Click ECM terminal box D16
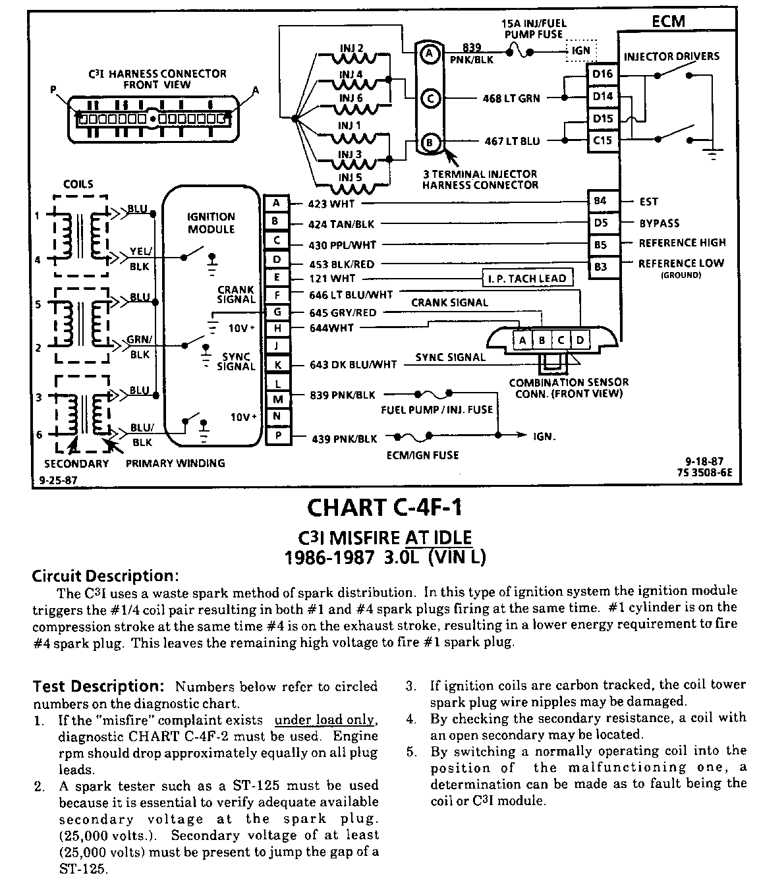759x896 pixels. (x=602, y=74)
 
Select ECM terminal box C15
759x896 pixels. (x=602, y=140)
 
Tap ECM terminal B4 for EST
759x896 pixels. (x=600, y=200)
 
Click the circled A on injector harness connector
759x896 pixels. (x=430, y=53)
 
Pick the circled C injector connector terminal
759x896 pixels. (x=430, y=99)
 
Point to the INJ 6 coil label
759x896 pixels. (x=351, y=98)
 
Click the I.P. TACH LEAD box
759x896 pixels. (x=526, y=278)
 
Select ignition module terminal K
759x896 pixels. (x=277, y=364)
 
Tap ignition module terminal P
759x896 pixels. (x=277, y=436)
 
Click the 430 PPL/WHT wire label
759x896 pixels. (x=342, y=245)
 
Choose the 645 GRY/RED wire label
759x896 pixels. (x=342, y=312)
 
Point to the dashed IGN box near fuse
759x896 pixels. (x=581, y=51)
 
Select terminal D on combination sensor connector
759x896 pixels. (x=580, y=340)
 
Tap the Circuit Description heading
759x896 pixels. (x=105, y=576)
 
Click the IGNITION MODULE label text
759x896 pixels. (x=211, y=223)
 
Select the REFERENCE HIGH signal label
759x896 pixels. (x=682, y=243)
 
